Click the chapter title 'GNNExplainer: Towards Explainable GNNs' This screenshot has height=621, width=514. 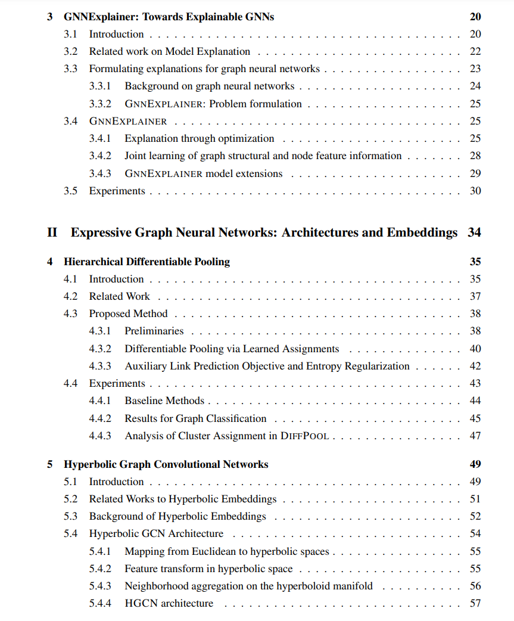click(169, 17)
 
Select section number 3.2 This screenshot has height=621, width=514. click(70, 51)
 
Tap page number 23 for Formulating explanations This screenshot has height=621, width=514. click(475, 69)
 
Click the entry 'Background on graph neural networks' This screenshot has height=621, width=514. click(209, 86)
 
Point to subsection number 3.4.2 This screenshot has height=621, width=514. click(100, 156)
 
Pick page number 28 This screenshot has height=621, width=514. click(475, 156)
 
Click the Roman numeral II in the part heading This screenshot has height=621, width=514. click(52, 232)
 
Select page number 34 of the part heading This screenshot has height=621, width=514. click(474, 232)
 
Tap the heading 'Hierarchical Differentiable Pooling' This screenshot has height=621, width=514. click(147, 262)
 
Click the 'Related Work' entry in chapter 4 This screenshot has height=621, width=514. click(119, 296)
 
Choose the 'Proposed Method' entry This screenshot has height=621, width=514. click(128, 313)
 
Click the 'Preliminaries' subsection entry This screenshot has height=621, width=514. click(154, 331)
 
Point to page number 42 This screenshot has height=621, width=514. click(475, 366)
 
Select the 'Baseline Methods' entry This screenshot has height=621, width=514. click(164, 400)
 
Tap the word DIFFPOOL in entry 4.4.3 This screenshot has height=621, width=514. click(304, 436)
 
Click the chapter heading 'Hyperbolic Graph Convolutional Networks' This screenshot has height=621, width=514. click(166, 464)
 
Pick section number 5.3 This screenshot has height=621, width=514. click(70, 516)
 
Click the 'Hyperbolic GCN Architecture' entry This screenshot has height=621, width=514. click(156, 533)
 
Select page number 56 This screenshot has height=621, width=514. click(475, 586)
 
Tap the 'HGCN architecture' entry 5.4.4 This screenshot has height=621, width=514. click(169, 603)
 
